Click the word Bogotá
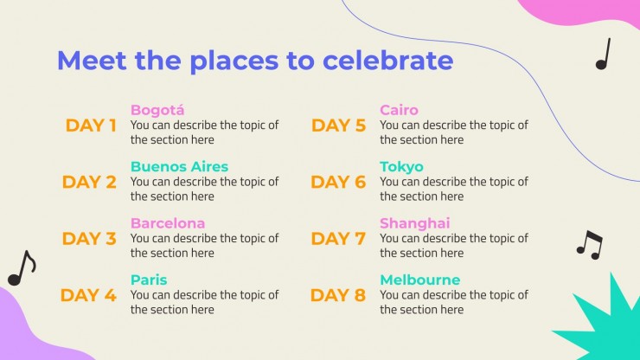pyautogui.click(x=157, y=110)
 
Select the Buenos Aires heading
pyautogui.click(x=179, y=166)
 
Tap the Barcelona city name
pyautogui.click(x=168, y=223)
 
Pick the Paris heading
pyautogui.click(x=149, y=280)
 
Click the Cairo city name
pyautogui.click(x=399, y=110)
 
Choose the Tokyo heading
pyautogui.click(x=401, y=167)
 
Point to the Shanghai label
pyautogui.click(x=414, y=223)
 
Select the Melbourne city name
pyautogui.click(x=420, y=280)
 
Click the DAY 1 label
pyautogui.click(x=91, y=125)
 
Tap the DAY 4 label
pyautogui.click(x=88, y=295)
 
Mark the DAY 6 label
pyautogui.click(x=338, y=183)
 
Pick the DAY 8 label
pyautogui.click(x=338, y=295)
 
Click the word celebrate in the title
pyautogui.click(x=387, y=60)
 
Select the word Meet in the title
pyautogui.click(x=92, y=61)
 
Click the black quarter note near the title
pyautogui.click(x=603, y=54)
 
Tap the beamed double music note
pyautogui.click(x=590, y=244)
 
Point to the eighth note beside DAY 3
pyautogui.click(x=22, y=268)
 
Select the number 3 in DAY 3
pyautogui.click(x=110, y=239)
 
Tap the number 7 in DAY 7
pyautogui.click(x=360, y=239)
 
